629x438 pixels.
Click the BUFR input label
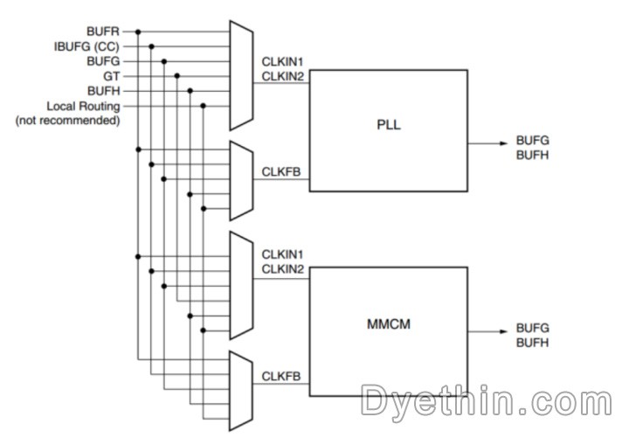coord(105,32)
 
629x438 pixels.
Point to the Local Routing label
coord(82,107)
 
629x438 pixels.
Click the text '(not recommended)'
coord(67,121)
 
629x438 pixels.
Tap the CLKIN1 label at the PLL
coord(283,63)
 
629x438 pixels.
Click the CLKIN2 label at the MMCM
coord(283,269)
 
